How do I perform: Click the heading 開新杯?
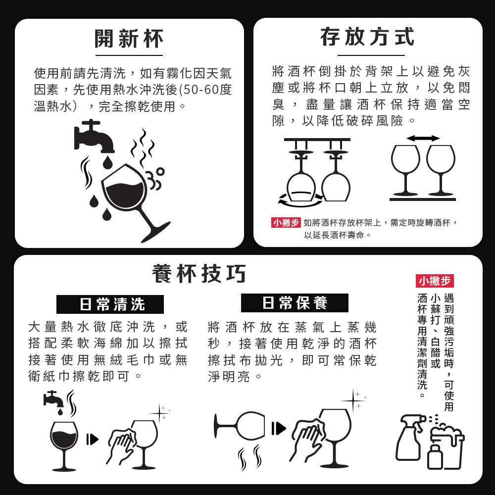tap(129, 39)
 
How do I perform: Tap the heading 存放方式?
tap(368, 37)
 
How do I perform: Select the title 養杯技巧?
tap(199, 274)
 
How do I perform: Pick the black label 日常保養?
tap(295, 303)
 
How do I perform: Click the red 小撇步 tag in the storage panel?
tap(286, 223)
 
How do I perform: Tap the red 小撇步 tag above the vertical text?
tap(435, 281)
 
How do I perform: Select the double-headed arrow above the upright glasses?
tap(423, 138)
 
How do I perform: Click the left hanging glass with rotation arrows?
tap(300, 178)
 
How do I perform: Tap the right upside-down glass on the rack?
tap(336, 178)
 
